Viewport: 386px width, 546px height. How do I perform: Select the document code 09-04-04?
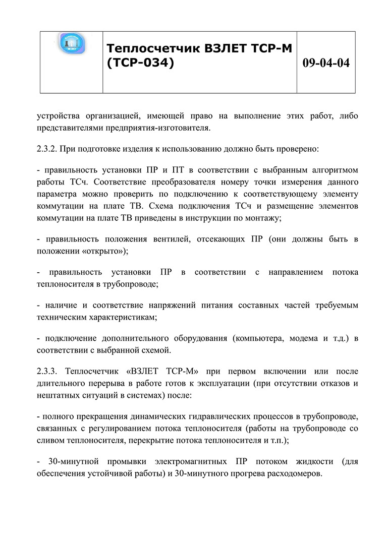(325, 64)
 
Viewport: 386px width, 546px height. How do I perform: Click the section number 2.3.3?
(49, 372)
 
